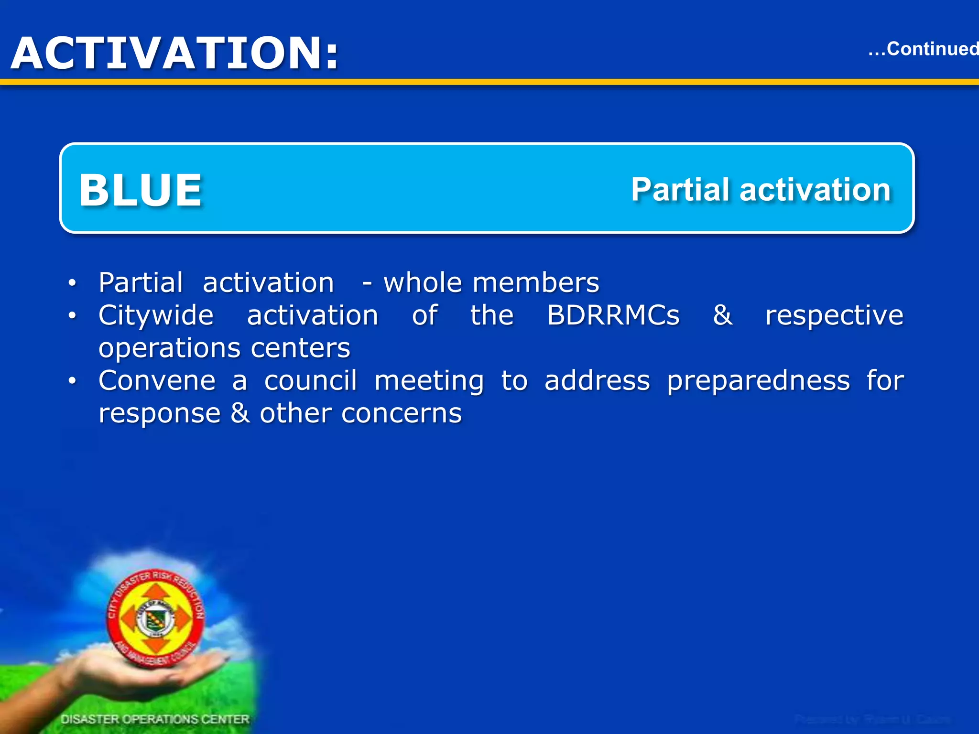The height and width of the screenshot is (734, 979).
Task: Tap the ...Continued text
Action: pos(923,49)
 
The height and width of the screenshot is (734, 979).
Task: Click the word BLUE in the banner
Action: pos(141,190)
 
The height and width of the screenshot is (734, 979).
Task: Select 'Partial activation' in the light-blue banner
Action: pos(761,190)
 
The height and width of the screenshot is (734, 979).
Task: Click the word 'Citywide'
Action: pos(156,316)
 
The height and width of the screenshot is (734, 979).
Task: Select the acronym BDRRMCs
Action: pos(613,315)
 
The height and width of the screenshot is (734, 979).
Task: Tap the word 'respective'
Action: pos(834,316)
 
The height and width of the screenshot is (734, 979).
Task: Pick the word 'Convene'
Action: pos(157,381)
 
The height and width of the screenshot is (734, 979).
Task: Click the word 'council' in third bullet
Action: pos(310,381)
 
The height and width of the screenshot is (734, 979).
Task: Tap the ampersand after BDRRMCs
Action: pos(722,315)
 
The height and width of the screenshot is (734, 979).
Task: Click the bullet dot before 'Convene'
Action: pos(72,381)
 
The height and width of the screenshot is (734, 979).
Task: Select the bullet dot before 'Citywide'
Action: pos(72,316)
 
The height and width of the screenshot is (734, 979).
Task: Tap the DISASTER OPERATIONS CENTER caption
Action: pos(155,719)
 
